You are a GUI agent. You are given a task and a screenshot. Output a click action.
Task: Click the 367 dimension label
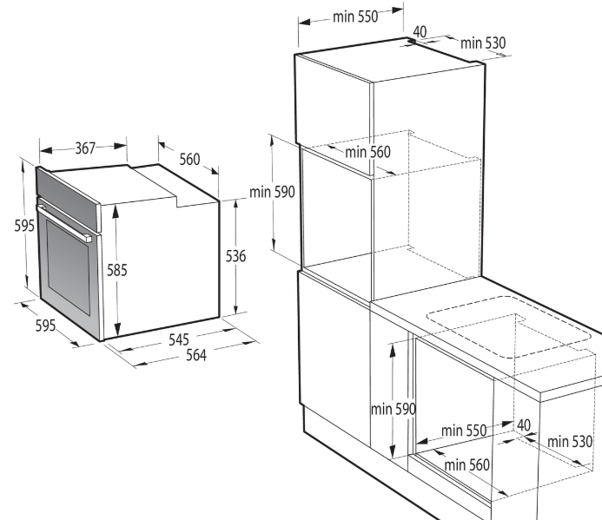click(x=85, y=148)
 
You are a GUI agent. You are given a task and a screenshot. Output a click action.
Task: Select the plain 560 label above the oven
click(x=189, y=159)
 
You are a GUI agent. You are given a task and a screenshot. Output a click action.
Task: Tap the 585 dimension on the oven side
click(x=116, y=270)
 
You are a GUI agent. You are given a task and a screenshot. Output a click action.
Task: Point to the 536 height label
click(x=235, y=256)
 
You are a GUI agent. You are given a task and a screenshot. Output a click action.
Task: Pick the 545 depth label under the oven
click(x=179, y=339)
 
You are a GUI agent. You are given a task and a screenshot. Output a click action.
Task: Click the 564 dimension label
click(x=196, y=355)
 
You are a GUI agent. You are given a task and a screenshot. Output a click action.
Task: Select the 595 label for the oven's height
click(x=24, y=226)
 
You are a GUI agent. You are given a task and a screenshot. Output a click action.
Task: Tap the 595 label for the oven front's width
click(x=46, y=326)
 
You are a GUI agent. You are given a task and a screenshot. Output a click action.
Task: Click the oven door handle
click(x=64, y=222)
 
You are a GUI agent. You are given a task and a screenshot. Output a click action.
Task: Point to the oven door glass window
click(x=69, y=267)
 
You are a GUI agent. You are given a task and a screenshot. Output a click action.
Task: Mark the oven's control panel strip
click(x=67, y=199)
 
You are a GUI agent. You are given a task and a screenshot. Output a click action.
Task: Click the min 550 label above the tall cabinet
click(x=355, y=16)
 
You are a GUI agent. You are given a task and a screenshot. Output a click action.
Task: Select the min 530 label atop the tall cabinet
click(x=483, y=43)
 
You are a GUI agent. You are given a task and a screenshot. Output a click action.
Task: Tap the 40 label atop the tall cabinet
click(x=420, y=32)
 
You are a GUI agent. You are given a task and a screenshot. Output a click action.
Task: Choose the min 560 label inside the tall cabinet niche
click(x=367, y=152)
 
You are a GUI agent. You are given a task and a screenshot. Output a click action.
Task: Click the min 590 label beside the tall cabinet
click(x=272, y=192)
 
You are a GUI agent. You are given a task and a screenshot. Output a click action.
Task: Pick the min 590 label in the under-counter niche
click(x=394, y=409)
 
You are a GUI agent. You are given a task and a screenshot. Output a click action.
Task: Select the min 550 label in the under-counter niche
click(x=464, y=431)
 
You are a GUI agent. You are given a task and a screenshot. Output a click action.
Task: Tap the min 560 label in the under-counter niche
click(x=466, y=465)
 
